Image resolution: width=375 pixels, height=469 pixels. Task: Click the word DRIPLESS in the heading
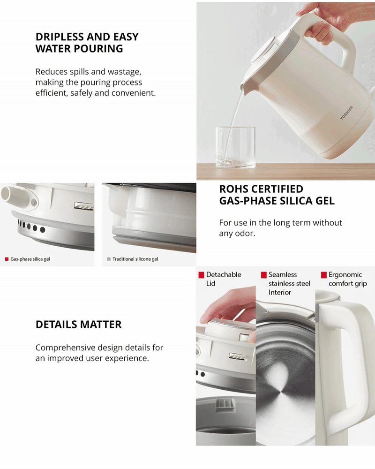pos(59,37)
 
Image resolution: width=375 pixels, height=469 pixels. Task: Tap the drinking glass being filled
pos(236,147)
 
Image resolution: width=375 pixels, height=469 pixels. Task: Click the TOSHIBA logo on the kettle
pos(346,113)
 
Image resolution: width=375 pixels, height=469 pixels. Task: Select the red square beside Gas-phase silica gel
pos(7,259)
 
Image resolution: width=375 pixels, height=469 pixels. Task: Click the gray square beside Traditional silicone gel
pos(109,259)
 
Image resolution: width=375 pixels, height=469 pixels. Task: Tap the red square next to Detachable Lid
pos(201,275)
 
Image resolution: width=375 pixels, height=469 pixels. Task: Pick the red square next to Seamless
pos(264,275)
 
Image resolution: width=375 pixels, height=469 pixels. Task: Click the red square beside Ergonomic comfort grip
pos(324,275)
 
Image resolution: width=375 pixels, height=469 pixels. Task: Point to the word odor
pos(246,233)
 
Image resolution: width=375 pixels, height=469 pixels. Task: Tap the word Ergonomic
pos(345,274)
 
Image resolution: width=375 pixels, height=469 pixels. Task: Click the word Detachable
pos(224,274)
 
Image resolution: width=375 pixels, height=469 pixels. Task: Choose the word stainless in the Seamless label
pos(281,284)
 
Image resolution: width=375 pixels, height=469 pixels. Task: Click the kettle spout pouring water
pos(244,87)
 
